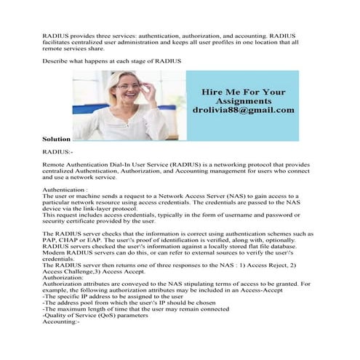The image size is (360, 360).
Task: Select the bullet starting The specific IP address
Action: [105, 297]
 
